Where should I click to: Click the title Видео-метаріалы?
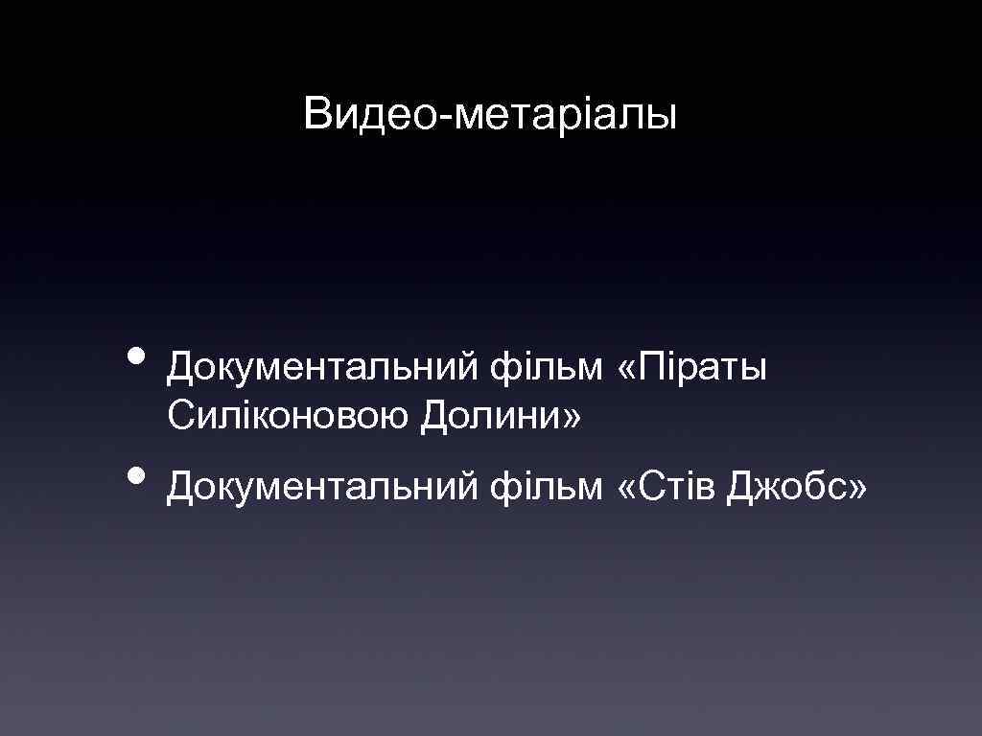pyautogui.click(x=490, y=115)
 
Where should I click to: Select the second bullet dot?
pyautogui.click(x=137, y=476)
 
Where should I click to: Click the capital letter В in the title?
pyautogui.click(x=316, y=115)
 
